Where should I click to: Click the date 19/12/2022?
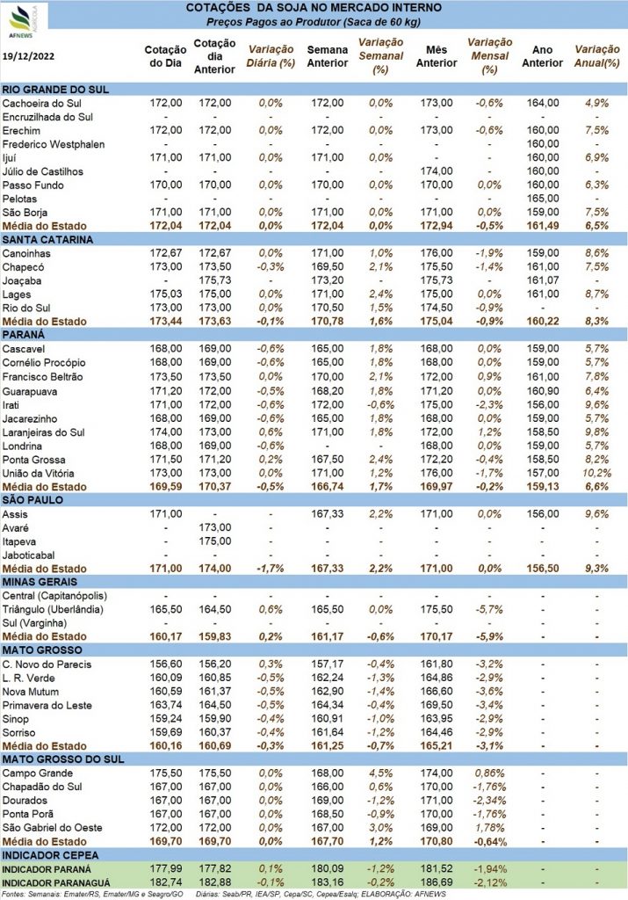coord(28,56)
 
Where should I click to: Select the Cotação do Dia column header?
coord(165,56)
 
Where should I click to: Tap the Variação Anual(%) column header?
coord(597,56)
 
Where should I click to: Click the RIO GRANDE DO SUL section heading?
coord(55,90)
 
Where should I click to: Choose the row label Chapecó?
coord(23,267)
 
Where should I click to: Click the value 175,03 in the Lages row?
coord(166,294)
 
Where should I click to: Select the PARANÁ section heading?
coord(24,335)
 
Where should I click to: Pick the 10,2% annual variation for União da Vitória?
coord(597,473)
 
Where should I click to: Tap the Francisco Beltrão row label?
coord(42,376)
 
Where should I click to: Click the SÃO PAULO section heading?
coord(32,500)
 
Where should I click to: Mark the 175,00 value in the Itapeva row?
coord(215,541)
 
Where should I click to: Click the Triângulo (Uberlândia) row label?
coord(53,610)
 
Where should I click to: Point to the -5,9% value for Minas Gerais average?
coord(489,636)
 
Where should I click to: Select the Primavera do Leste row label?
coord(47,706)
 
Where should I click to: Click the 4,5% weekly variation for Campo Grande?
coord(381,773)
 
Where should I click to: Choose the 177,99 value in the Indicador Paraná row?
coord(166,869)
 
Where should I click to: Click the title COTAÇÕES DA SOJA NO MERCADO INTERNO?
coord(314,8)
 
